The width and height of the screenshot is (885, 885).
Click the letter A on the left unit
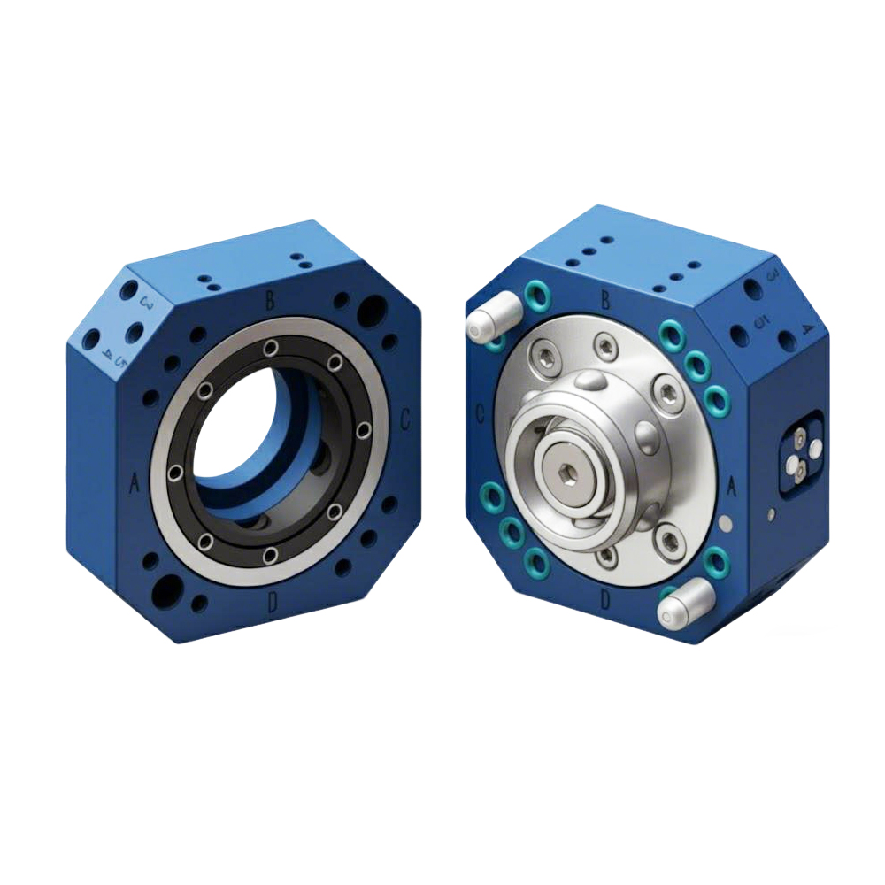point(135,483)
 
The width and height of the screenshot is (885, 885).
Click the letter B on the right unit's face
point(605,300)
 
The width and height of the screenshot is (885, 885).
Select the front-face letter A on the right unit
point(731,486)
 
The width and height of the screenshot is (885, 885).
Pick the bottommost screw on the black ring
point(270,555)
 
